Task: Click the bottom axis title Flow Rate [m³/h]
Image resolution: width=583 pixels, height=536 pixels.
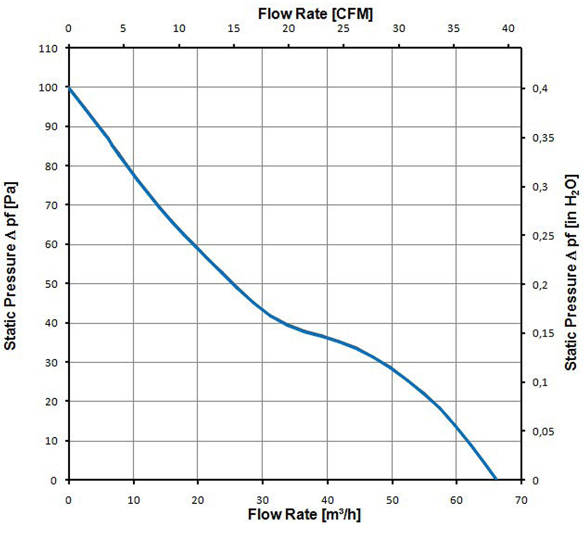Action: [x=308, y=514]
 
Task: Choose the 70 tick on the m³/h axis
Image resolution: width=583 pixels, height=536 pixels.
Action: [x=521, y=499]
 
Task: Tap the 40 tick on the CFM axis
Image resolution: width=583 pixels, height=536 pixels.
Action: [x=509, y=28]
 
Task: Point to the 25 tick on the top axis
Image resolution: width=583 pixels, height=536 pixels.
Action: [x=343, y=28]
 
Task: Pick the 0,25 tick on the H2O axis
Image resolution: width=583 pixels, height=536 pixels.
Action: [x=544, y=235]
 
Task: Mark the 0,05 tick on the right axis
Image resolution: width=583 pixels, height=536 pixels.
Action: [x=544, y=431]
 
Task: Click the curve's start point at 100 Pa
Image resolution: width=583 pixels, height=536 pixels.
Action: [x=69, y=87]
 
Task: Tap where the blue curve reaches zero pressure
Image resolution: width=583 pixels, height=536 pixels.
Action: [x=496, y=479]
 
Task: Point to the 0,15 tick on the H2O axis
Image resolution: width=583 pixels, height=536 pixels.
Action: [x=544, y=333]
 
